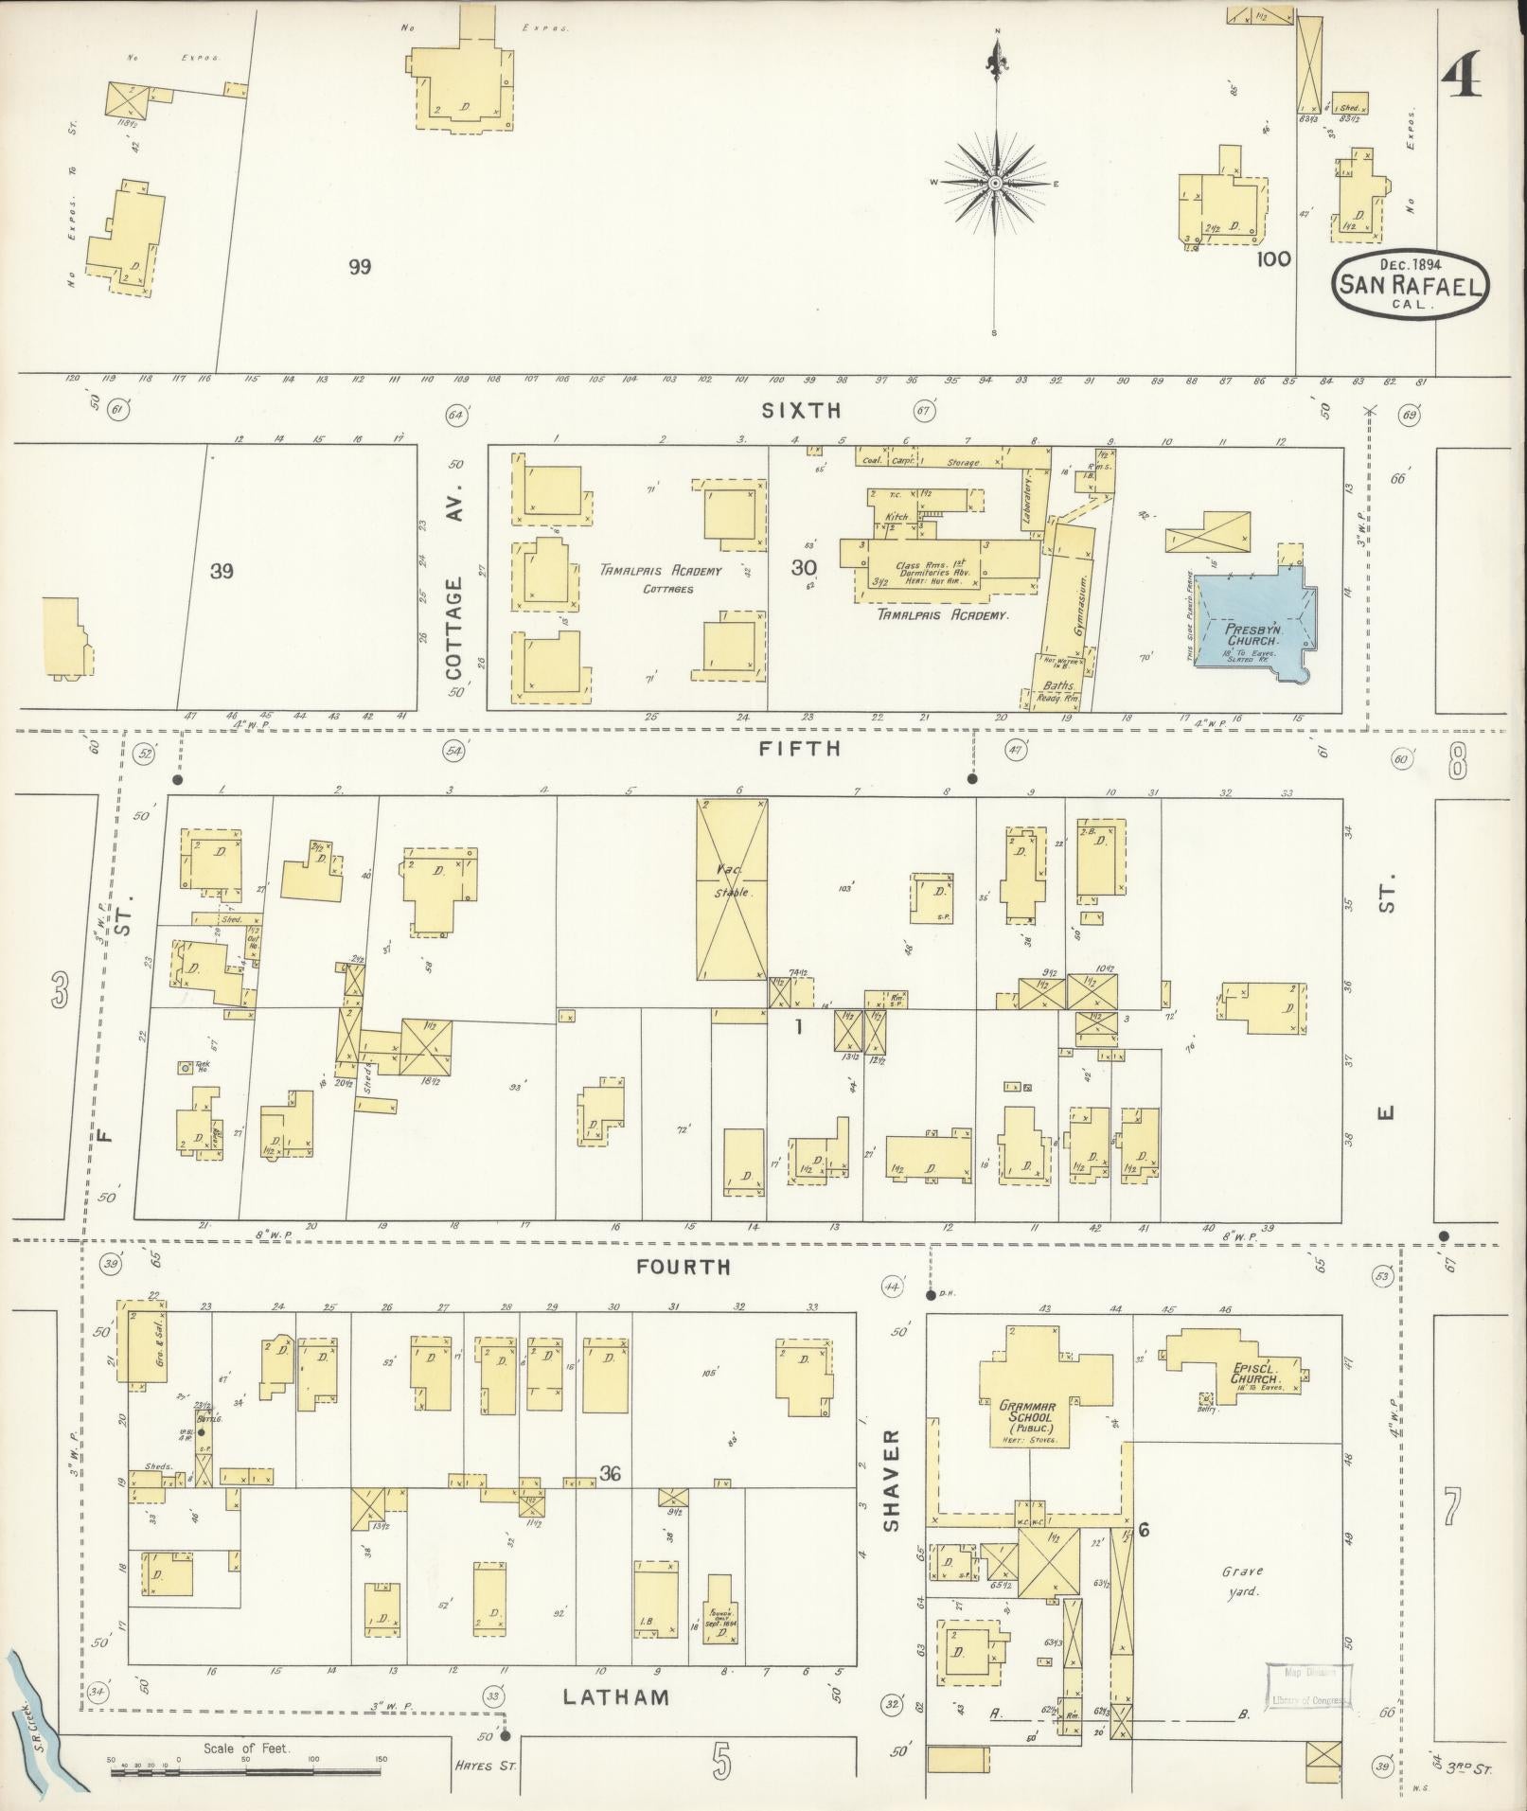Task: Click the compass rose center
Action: (x=996, y=182)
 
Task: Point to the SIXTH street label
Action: (x=801, y=410)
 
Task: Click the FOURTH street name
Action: (x=684, y=1266)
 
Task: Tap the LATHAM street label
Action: (x=615, y=1697)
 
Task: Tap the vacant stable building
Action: (x=732, y=890)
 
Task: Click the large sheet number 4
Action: (x=1464, y=71)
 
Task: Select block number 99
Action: (x=359, y=267)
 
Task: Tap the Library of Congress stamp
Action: (x=1309, y=1685)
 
